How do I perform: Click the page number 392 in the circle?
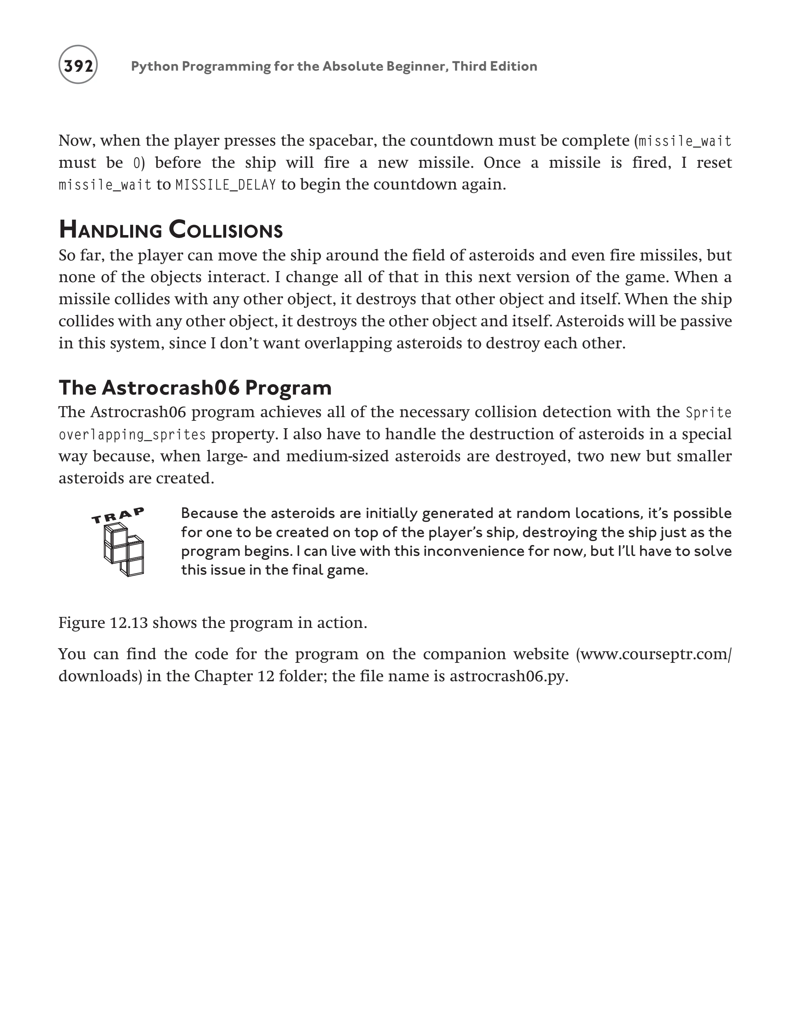pyautogui.click(x=78, y=66)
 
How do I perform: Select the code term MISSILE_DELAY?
pyautogui.click(x=226, y=185)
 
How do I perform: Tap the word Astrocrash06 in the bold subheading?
pyautogui.click(x=170, y=388)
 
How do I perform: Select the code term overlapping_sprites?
pyautogui.click(x=132, y=434)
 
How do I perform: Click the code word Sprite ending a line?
pyautogui.click(x=709, y=412)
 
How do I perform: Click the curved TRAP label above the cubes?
pyautogui.click(x=118, y=515)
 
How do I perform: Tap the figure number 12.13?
pyautogui.click(x=129, y=623)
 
